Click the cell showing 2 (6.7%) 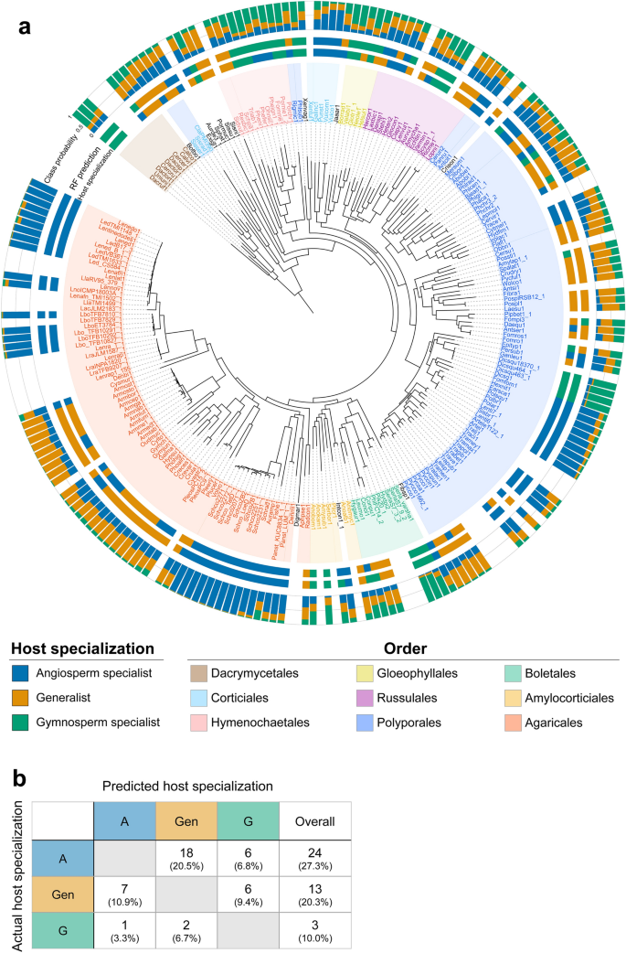click(x=186, y=931)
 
